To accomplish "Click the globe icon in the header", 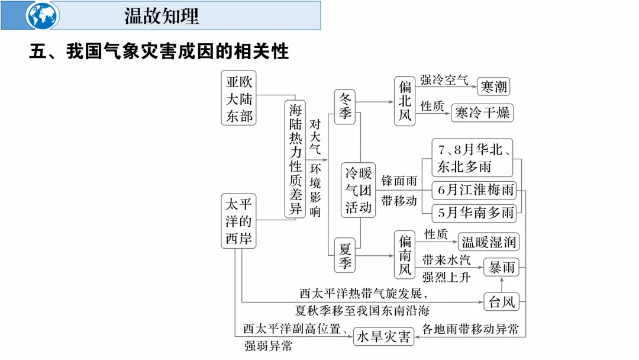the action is [43, 16].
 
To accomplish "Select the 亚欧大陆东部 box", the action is [240, 99].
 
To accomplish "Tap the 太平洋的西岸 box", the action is [239, 221].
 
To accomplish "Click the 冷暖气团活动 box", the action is [359, 190].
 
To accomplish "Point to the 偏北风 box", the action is [405, 101].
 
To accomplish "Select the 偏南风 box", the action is [405, 255].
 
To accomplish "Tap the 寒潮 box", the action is [493, 87].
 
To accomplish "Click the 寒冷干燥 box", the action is [482, 112].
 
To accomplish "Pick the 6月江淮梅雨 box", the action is [474, 190].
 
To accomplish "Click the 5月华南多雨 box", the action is [474, 212].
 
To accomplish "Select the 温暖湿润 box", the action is [489, 242].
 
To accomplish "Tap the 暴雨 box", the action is [501, 268].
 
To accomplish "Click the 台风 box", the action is [501, 302].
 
